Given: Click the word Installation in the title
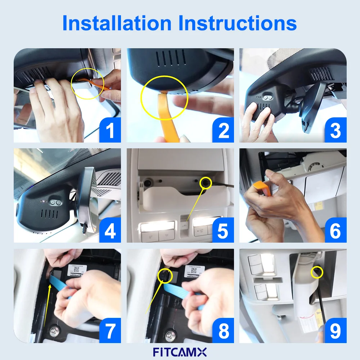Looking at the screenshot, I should (x=117, y=23).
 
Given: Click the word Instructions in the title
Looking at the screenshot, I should (x=238, y=23).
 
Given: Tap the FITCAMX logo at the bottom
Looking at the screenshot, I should (x=180, y=351).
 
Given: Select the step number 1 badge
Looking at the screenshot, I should (x=110, y=131).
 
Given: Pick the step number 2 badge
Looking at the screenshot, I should (x=223, y=131).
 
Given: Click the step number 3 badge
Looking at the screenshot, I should (x=336, y=131).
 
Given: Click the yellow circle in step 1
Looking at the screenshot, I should (x=88, y=83).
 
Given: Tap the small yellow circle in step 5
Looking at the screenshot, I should (x=206, y=183).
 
